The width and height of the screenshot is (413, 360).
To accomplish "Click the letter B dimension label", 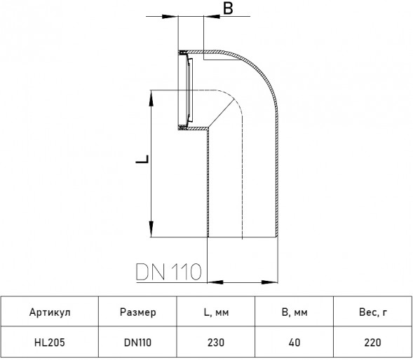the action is (228, 8).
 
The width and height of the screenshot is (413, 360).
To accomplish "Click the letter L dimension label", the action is (142, 160).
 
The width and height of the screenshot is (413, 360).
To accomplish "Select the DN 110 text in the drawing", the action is (168, 271).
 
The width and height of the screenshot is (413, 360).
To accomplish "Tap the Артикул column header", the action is (50, 312).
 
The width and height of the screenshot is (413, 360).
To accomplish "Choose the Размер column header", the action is (137, 312).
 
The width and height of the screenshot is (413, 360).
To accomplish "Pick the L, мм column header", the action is (216, 312).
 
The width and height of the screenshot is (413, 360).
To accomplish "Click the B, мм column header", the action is (294, 312).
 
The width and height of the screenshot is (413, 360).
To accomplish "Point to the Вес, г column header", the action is (373, 312).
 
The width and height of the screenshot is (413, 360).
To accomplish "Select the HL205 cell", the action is (50, 342).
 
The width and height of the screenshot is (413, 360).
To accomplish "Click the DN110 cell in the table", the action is (137, 342).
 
